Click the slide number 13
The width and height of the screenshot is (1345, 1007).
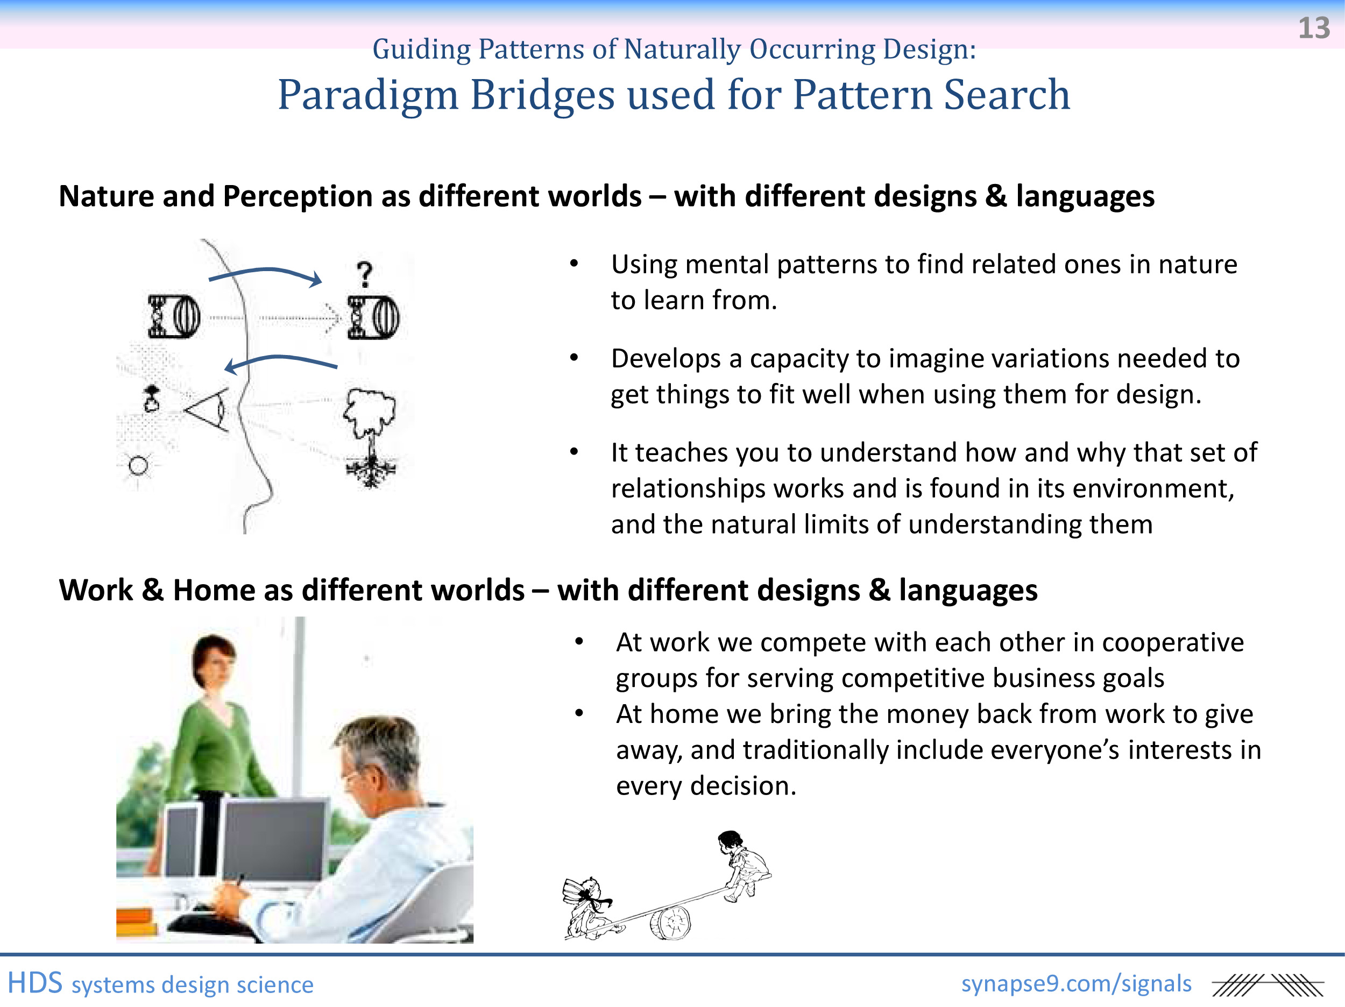pyautogui.click(x=1313, y=28)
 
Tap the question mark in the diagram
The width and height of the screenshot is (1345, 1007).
pyautogui.click(x=364, y=274)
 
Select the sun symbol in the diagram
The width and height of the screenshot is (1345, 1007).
pyautogui.click(x=138, y=466)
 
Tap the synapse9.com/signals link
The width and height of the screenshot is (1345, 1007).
pyautogui.click(x=1076, y=984)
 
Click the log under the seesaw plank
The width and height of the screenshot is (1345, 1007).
pyautogui.click(x=671, y=923)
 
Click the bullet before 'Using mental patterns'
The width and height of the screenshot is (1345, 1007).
pyautogui.click(x=574, y=264)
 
